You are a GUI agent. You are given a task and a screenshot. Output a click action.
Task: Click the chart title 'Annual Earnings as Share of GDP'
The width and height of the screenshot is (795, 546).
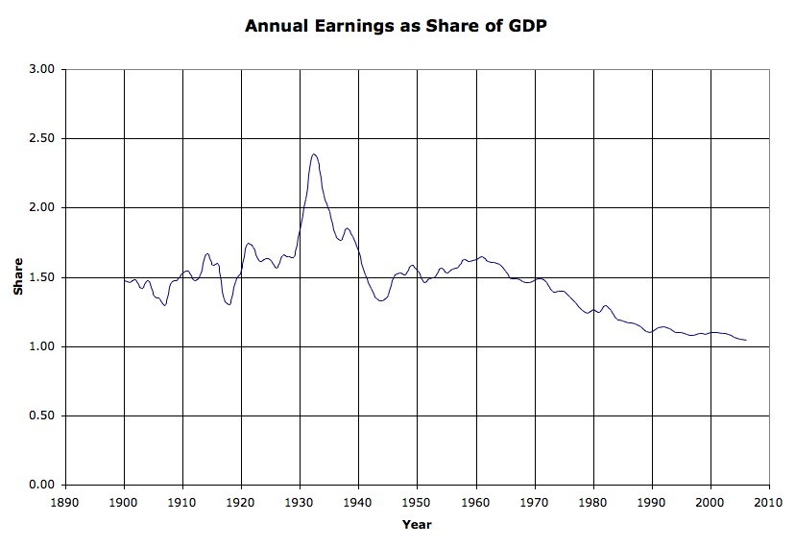point(396,26)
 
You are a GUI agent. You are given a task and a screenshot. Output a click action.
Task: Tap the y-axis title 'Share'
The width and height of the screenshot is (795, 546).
point(18,276)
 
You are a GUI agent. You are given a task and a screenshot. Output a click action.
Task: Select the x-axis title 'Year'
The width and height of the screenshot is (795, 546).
point(417,524)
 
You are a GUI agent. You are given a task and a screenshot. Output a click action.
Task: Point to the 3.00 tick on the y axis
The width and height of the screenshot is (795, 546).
point(42,69)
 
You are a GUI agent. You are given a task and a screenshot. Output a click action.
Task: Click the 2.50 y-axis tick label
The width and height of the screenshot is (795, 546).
point(42,138)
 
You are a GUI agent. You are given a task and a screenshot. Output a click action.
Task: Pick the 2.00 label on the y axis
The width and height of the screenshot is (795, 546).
point(42,207)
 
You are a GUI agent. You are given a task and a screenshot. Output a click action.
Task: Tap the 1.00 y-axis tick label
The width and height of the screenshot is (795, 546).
point(42,346)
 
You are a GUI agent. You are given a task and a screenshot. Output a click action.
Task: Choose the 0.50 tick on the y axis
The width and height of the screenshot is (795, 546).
point(42,415)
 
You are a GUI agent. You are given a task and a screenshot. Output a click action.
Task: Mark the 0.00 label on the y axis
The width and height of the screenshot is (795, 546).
point(42,485)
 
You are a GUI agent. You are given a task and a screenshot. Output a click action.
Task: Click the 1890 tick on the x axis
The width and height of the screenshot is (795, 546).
point(65,503)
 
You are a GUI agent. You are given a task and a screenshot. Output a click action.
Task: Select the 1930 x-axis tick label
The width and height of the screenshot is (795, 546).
point(301,503)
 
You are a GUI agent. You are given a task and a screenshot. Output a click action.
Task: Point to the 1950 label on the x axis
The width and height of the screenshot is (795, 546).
point(418,503)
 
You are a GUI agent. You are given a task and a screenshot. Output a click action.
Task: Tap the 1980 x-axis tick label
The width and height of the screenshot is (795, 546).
point(593,503)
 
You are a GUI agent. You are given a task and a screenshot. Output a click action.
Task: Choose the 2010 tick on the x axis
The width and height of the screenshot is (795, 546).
point(769,503)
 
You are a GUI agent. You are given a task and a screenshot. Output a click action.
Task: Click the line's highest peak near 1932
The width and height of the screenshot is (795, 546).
point(314,154)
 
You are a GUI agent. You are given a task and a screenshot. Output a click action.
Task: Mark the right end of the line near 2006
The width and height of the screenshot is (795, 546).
point(746,340)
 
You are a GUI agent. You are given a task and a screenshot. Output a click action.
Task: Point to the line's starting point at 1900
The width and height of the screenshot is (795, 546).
point(124,280)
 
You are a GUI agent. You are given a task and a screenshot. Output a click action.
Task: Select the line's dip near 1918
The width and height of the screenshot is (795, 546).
point(229,304)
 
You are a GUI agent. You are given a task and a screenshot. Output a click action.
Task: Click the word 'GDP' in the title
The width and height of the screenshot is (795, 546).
point(528,26)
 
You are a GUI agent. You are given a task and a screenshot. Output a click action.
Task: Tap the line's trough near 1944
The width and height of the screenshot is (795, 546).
point(381,301)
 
